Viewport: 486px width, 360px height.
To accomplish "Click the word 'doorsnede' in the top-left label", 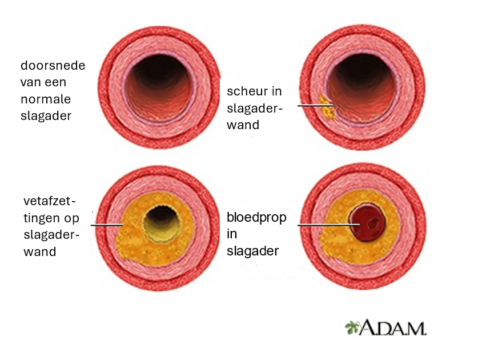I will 53,65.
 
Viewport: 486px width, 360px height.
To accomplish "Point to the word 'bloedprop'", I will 256,218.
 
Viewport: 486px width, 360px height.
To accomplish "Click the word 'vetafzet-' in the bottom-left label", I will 49,201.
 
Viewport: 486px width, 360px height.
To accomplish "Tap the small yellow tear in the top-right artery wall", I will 326,106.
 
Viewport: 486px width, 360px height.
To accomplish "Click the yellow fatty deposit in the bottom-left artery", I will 134,240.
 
